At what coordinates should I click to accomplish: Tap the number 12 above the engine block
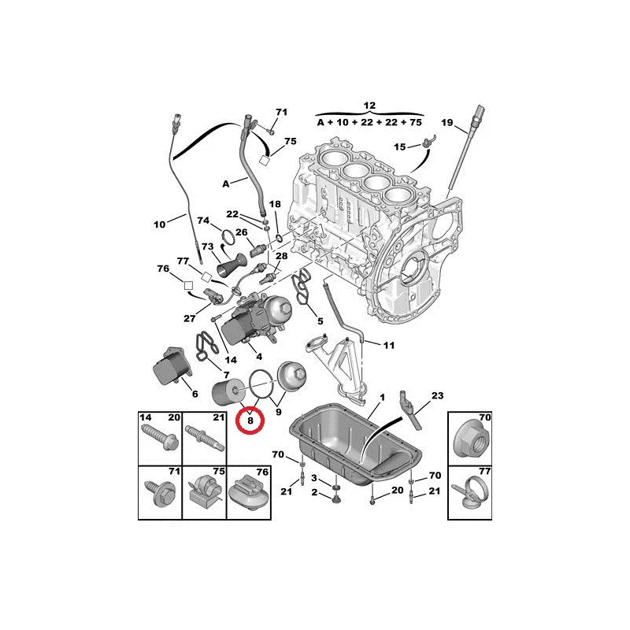coord(370,106)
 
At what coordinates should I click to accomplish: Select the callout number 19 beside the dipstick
coord(447,122)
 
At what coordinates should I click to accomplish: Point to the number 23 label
coord(439,397)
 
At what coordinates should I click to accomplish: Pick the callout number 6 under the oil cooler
coord(196,391)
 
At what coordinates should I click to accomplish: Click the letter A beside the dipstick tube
coord(225,183)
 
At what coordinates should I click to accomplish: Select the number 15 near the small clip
coord(400,147)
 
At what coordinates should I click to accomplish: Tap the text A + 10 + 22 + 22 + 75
coord(369,123)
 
